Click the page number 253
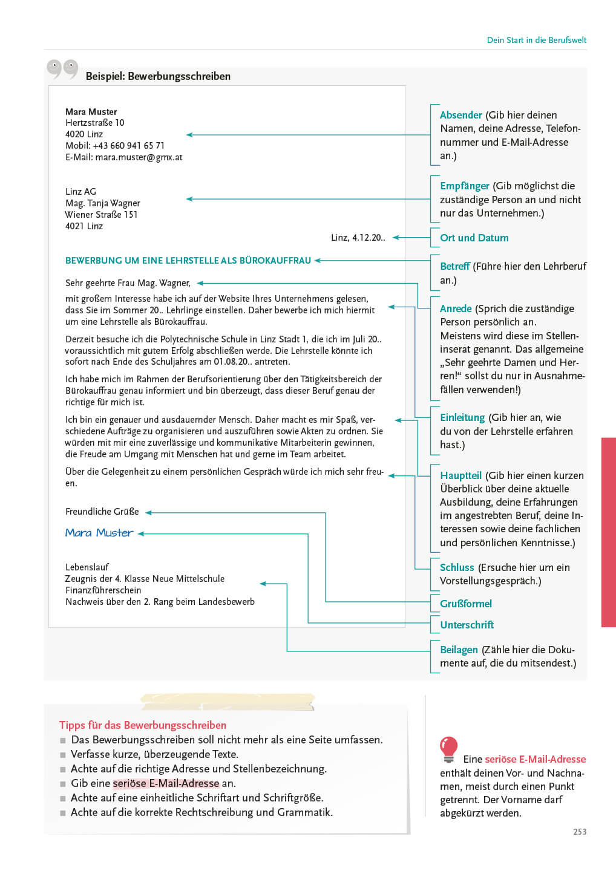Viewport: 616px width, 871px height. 580,832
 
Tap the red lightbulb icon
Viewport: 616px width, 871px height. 448,749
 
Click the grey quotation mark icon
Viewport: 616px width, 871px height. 62,69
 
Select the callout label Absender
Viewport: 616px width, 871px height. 460,115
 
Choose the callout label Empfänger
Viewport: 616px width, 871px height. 464,186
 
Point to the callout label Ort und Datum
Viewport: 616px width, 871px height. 474,238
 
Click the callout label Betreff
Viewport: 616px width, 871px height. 454,266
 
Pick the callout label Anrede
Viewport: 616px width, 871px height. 456,308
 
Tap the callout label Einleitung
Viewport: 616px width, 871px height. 462,417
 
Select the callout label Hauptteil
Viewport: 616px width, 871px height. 460,475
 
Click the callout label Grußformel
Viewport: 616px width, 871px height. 465,604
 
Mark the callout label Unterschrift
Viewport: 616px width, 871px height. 467,625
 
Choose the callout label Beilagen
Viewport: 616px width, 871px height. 459,650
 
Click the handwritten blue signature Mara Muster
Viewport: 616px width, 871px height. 99,533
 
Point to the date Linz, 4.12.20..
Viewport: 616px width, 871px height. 358,238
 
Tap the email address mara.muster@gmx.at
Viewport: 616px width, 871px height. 139,157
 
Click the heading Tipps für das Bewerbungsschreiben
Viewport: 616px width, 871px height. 143,725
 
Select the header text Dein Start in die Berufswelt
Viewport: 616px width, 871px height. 536,40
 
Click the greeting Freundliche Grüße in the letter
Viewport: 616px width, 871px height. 102,512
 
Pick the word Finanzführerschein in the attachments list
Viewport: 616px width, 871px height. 103,590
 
